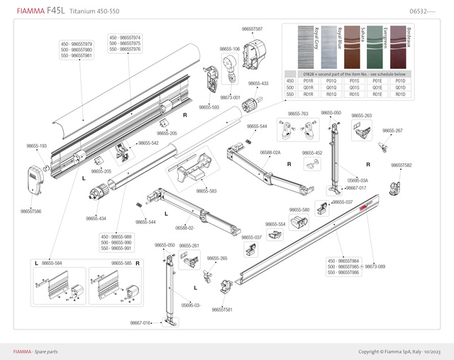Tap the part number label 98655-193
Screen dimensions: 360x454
[x=36, y=146]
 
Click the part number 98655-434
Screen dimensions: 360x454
[x=96, y=219]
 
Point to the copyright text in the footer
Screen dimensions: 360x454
[x=399, y=351]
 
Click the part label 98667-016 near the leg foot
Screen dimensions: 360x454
[x=140, y=323]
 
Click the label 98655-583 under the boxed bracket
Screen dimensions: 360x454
[x=206, y=190]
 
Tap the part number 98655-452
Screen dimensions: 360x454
[x=311, y=153]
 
